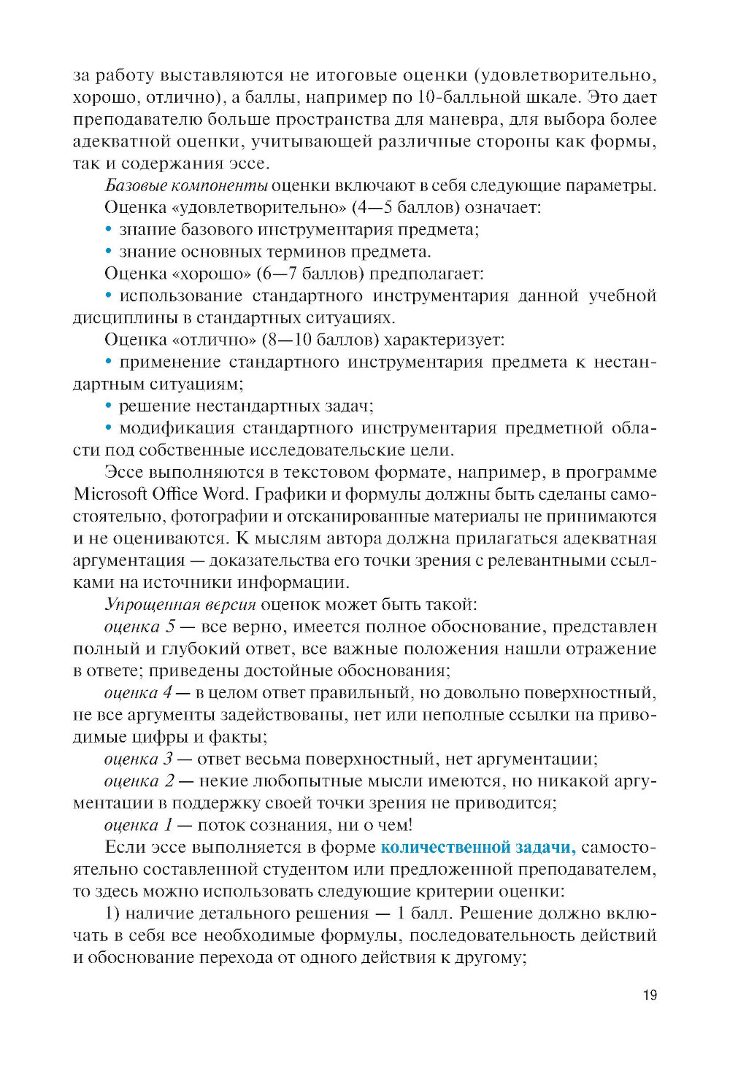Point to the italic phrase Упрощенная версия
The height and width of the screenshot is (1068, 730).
[180, 604]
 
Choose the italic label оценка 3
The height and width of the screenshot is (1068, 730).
[139, 759]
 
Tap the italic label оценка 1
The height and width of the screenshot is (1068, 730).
[139, 825]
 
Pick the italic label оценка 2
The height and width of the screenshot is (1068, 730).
[139, 781]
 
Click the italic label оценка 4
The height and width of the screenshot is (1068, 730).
[139, 692]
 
